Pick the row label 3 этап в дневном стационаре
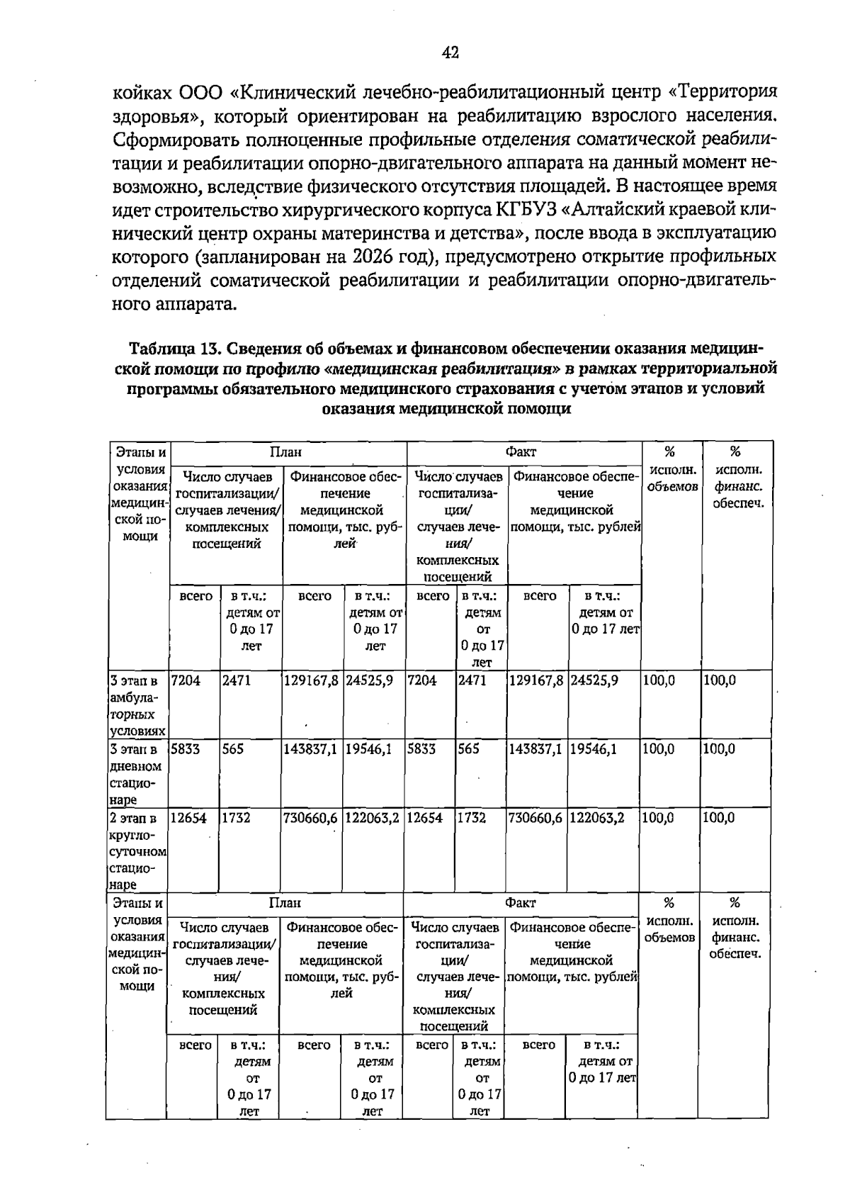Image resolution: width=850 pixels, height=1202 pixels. point(136,774)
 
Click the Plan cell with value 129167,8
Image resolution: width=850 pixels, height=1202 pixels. point(312,680)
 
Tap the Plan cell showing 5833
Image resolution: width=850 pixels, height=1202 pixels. point(186,749)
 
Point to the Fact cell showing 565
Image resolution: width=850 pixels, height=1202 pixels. point(468,749)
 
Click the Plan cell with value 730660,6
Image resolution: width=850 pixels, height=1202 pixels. point(312,818)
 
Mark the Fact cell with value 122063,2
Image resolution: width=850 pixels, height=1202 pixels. point(596,818)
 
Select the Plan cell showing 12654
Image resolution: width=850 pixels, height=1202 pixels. point(188,818)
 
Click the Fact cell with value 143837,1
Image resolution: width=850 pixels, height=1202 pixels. point(536,749)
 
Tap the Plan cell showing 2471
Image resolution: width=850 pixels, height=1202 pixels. point(236,680)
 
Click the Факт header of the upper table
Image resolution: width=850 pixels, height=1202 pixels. point(521,451)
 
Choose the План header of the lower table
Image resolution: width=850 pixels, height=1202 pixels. point(285,903)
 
